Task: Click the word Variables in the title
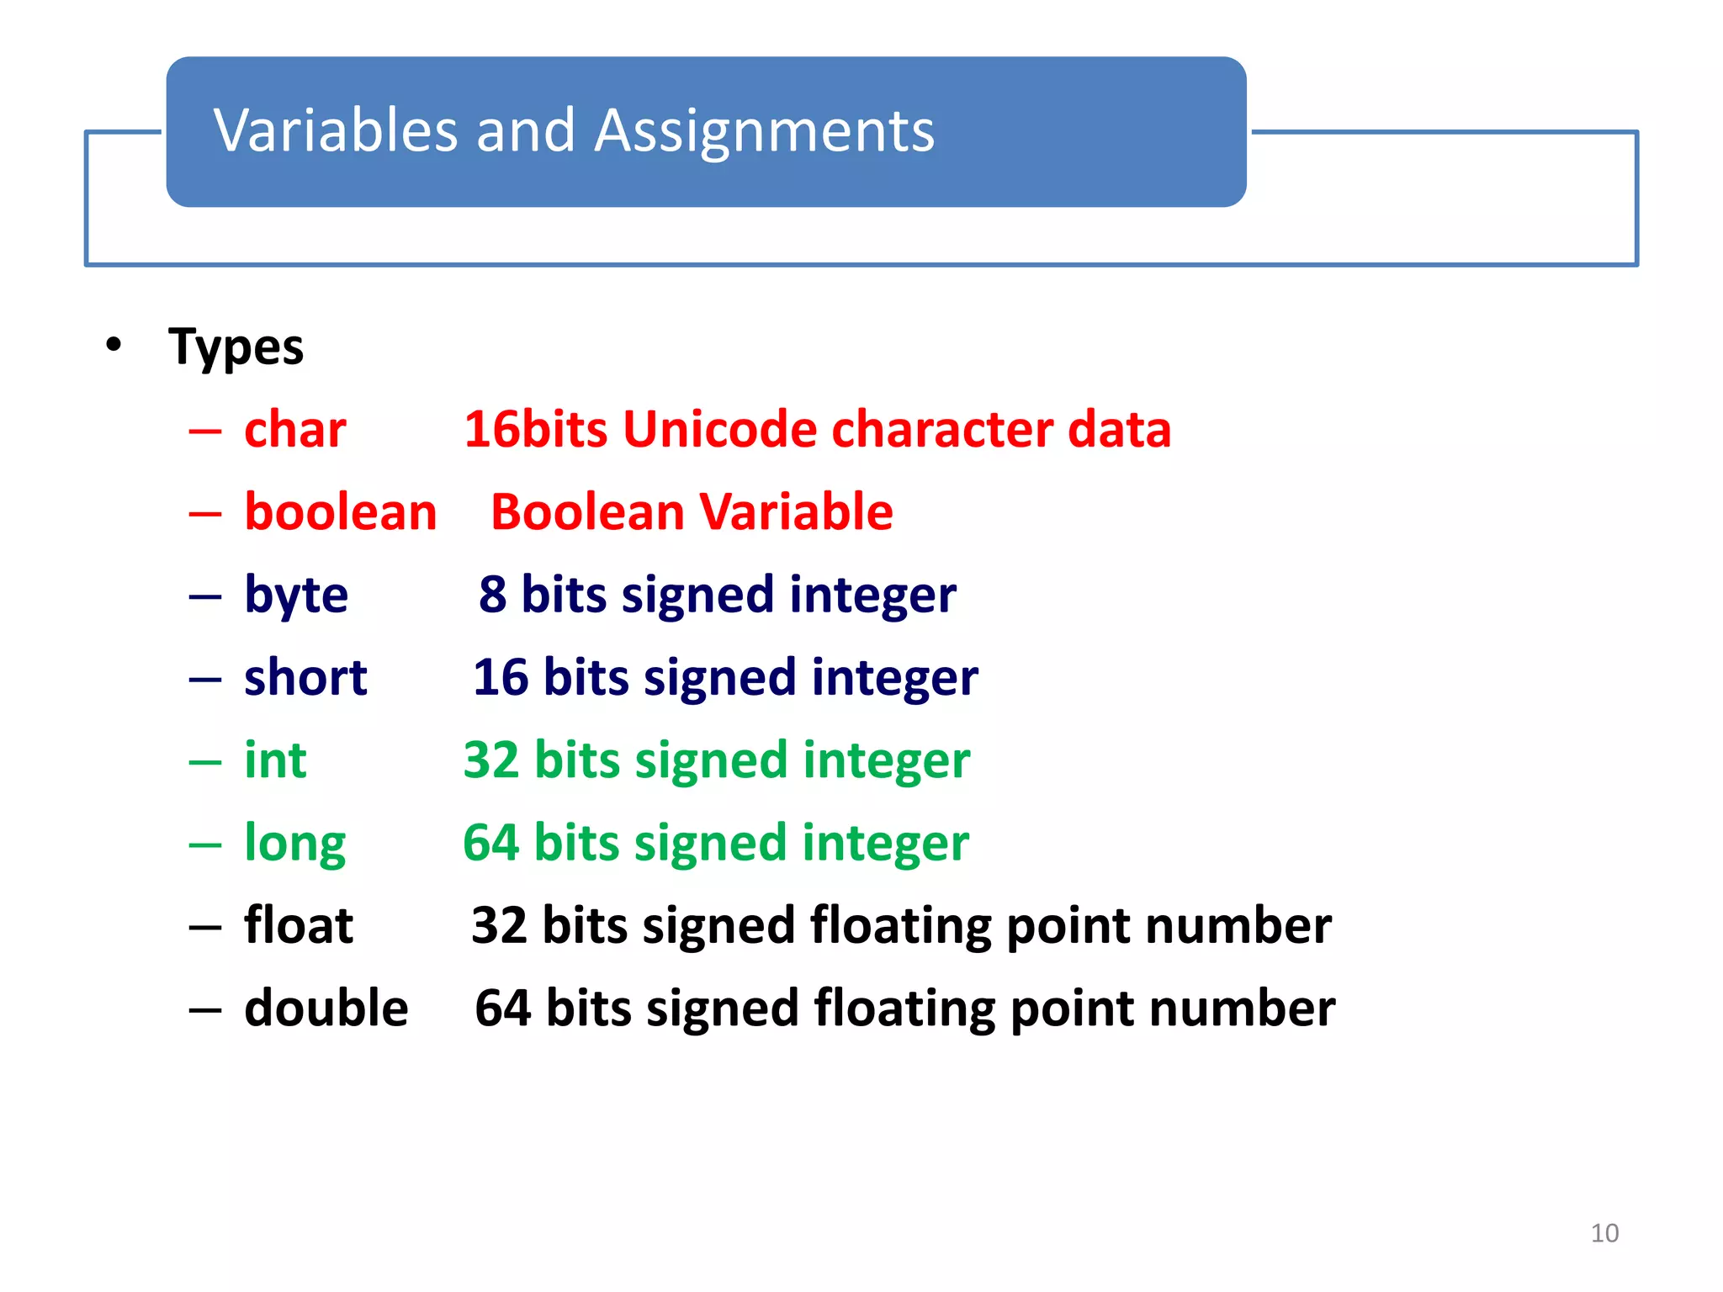[335, 131]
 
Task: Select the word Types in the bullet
[236, 347]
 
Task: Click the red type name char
[294, 430]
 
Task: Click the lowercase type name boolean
[341, 512]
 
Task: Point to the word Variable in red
[796, 512]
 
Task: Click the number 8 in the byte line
[493, 595]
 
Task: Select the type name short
[305, 678]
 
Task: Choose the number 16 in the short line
[501, 678]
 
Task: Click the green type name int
[275, 760]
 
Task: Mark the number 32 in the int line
[491, 760]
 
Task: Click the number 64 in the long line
[491, 843]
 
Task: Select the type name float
[299, 925]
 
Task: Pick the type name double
[326, 1008]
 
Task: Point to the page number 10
[1604, 1233]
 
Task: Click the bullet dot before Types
[114, 345]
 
